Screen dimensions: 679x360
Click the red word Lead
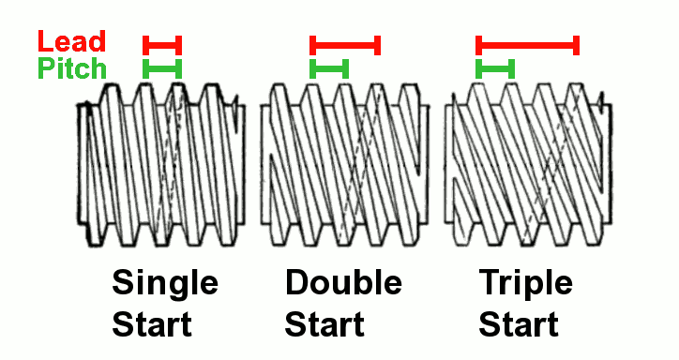72,41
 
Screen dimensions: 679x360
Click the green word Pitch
72,68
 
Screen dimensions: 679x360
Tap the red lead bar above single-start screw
162,45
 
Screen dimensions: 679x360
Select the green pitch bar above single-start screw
162,68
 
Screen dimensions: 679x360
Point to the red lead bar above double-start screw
345,45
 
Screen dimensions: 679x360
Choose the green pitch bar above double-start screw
329,68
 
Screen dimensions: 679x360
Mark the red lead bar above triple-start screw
527,45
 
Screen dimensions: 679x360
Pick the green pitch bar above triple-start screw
495,68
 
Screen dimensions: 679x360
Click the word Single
165,283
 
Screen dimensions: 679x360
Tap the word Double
343,281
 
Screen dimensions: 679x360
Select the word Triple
526,283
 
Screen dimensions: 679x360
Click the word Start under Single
152,324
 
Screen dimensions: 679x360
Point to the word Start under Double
324,324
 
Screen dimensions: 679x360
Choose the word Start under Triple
519,324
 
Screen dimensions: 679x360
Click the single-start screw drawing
161,165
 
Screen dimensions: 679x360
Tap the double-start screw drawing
345,165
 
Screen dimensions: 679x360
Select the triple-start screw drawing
528,165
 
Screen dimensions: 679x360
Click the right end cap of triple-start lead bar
577,45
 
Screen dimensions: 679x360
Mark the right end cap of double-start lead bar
377,45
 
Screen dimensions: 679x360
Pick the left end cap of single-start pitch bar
146,68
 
